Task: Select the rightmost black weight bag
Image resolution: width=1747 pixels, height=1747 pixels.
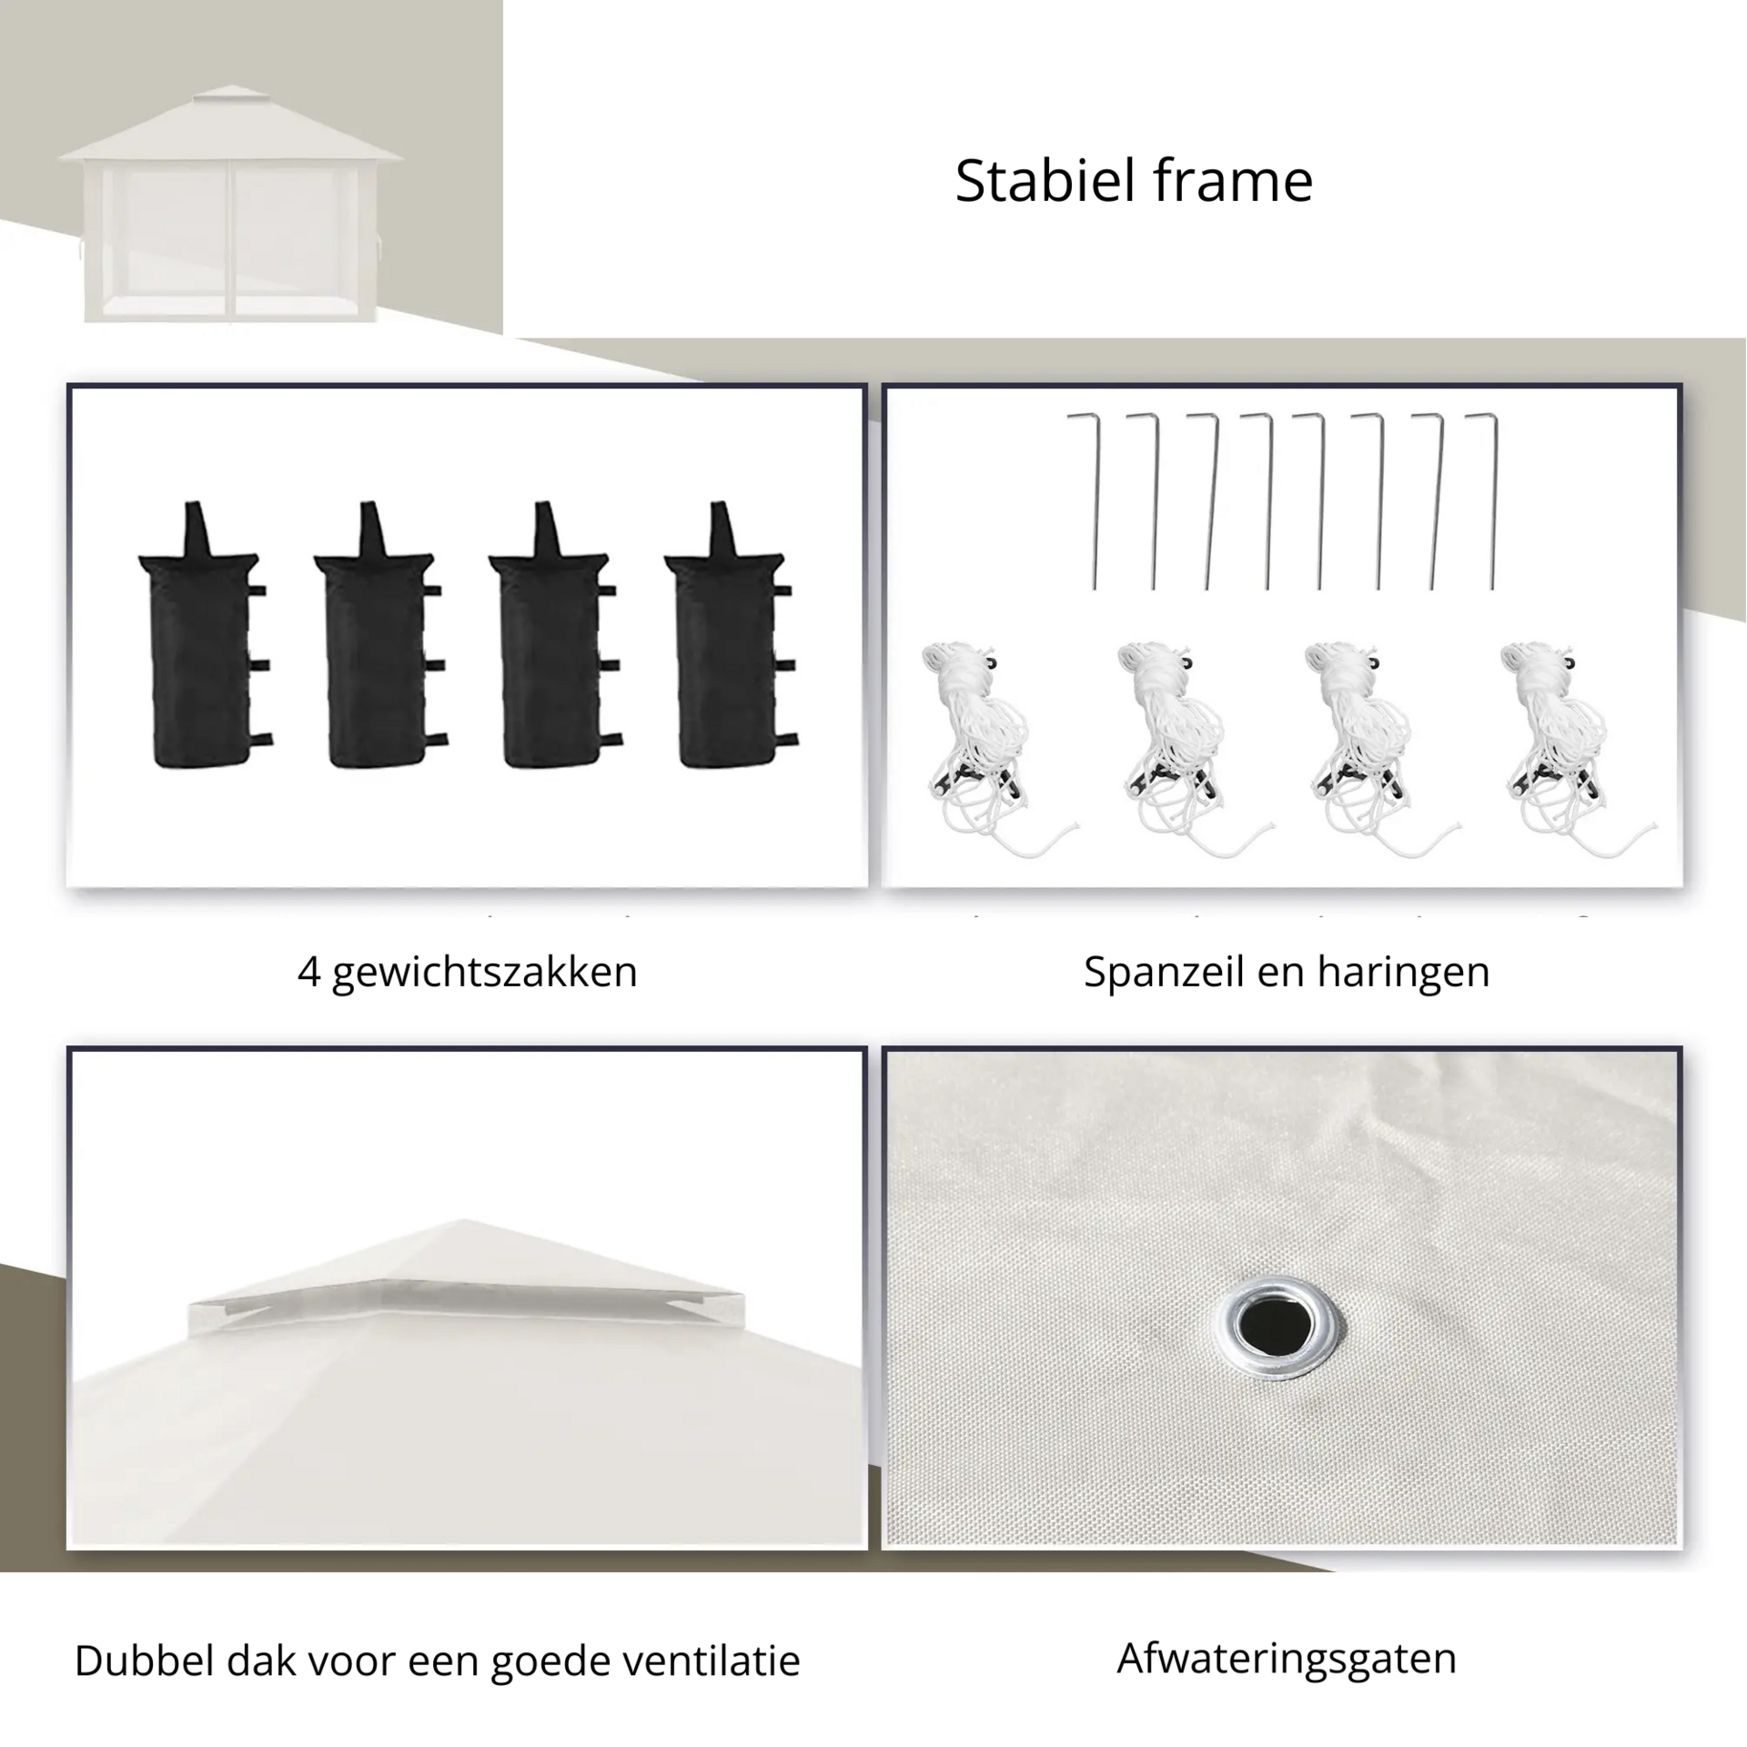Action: click(x=731, y=637)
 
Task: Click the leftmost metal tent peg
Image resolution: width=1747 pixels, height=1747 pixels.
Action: click(x=1085, y=501)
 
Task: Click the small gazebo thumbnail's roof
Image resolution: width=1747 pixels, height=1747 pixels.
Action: click(x=231, y=127)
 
